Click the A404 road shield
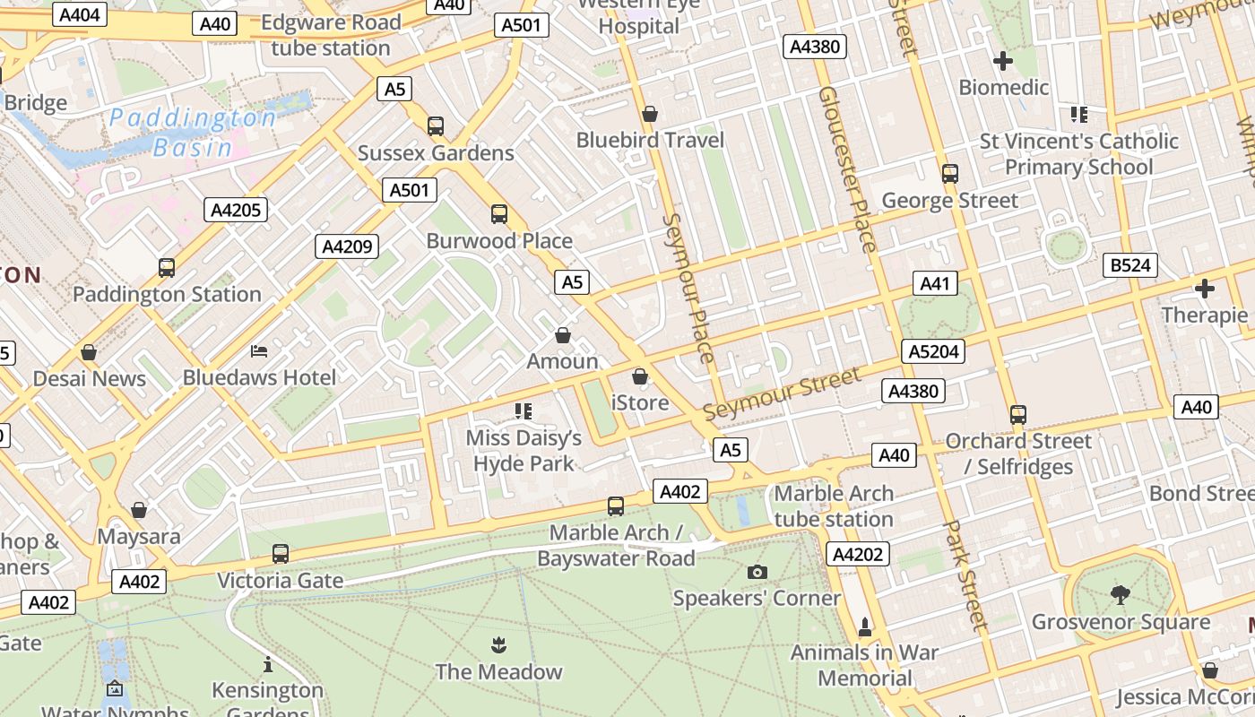(x=80, y=14)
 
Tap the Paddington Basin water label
(x=193, y=132)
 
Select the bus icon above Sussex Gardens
(x=436, y=126)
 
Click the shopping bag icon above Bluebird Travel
(x=650, y=114)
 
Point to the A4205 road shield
(x=237, y=211)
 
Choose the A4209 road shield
(x=346, y=246)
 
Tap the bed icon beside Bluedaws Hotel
(x=259, y=350)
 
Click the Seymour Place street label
(x=689, y=287)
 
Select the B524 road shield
(x=1129, y=265)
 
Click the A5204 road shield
(x=933, y=351)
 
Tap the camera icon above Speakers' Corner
(x=757, y=572)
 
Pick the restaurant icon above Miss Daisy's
(x=524, y=411)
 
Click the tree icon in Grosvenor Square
(x=1120, y=594)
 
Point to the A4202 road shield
(x=857, y=555)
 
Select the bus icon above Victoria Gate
(x=281, y=554)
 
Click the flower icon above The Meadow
(x=498, y=644)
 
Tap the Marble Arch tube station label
(x=834, y=506)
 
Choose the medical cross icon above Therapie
(x=1205, y=289)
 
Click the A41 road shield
(x=934, y=284)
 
